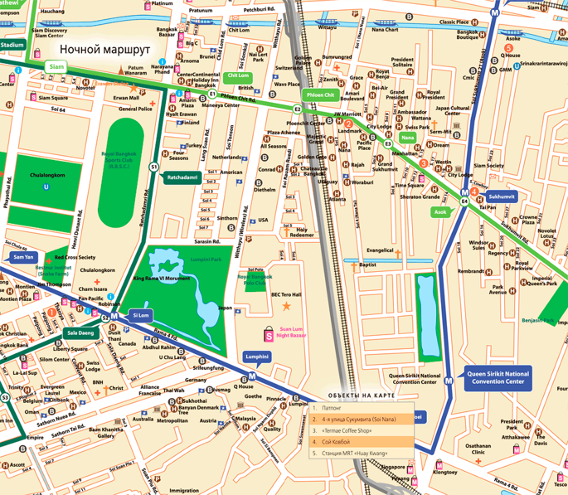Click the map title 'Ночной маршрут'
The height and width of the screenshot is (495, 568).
105,49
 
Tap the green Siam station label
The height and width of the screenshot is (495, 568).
54,66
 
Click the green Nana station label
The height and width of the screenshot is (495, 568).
408,137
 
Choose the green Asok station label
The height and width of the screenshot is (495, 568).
441,212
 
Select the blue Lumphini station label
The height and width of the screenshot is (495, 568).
257,357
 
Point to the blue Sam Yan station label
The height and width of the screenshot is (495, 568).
23,257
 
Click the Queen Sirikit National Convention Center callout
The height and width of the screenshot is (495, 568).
499,377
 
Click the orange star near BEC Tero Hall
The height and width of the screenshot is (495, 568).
286,307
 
